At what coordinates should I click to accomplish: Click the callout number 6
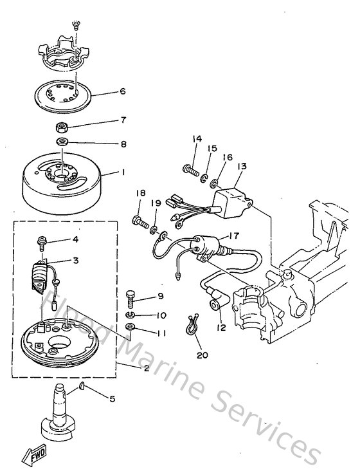pyautogui.click(x=123, y=91)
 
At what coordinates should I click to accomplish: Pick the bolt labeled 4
pyautogui.click(x=41, y=242)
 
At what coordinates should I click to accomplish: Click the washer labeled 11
pyautogui.click(x=130, y=329)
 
